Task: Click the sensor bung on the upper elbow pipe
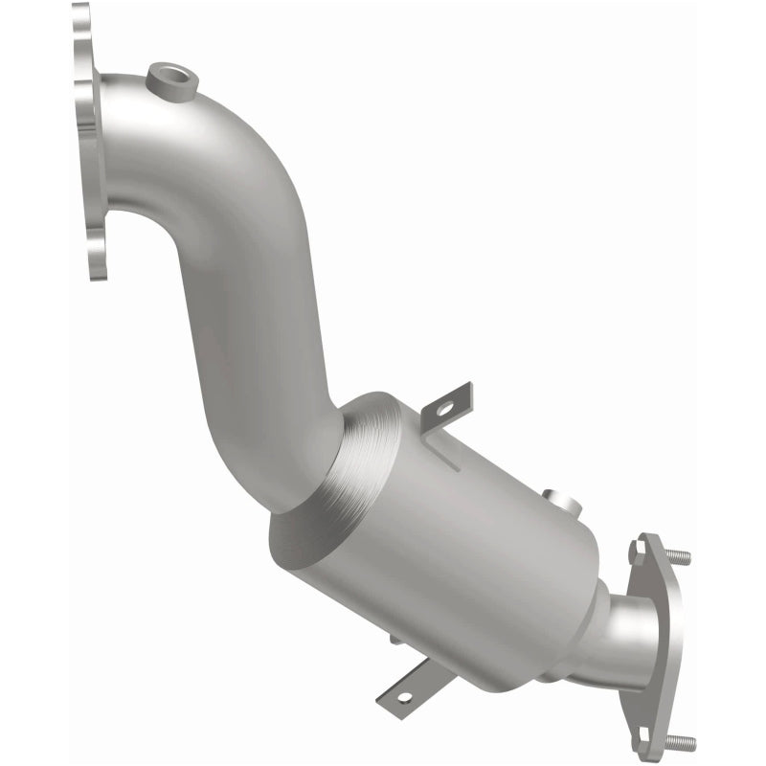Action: click(173, 80)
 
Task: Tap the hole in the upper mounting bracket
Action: click(445, 409)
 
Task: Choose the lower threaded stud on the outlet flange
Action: click(682, 741)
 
